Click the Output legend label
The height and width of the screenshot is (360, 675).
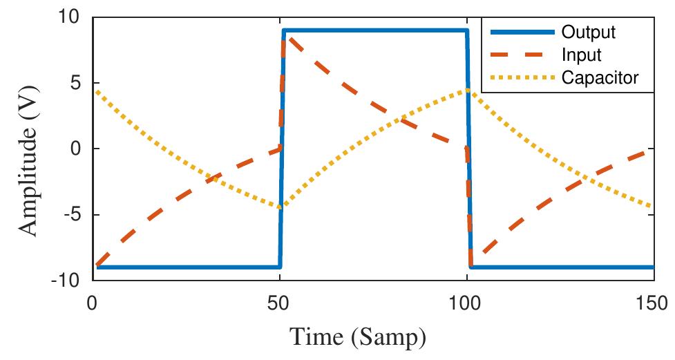(589, 32)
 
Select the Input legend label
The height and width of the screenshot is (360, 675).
(582, 55)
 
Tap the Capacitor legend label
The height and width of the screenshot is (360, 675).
(600, 78)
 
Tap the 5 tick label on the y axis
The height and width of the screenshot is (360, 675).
(75, 83)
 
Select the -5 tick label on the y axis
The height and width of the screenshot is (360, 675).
(72, 214)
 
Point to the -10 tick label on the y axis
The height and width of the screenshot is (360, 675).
(66, 280)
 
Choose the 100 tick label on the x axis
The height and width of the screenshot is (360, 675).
(467, 303)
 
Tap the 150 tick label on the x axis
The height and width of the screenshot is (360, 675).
(653, 303)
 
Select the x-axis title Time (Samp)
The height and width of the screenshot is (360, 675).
(357, 339)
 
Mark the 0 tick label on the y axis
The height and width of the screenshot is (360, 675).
(75, 149)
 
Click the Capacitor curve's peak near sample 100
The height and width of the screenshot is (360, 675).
(467, 90)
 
